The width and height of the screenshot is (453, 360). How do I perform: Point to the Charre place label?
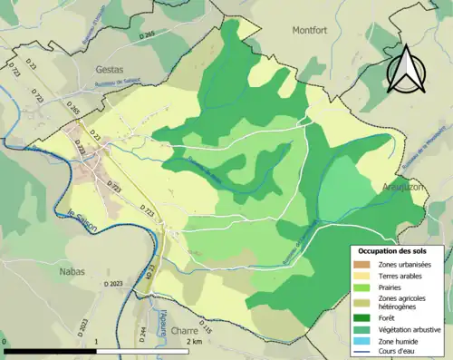tap(184, 331)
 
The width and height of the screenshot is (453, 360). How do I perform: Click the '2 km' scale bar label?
tap(193, 343)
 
